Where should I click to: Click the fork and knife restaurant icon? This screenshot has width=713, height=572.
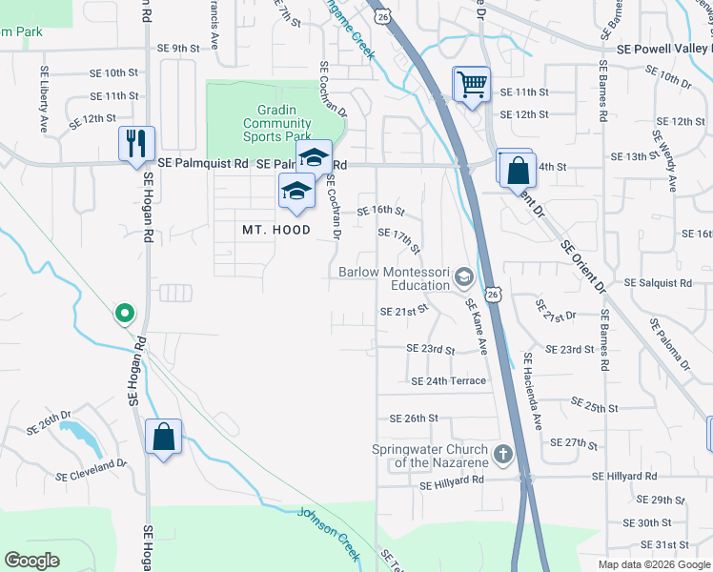pos(136,143)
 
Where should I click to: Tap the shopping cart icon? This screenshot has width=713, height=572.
pos(471,85)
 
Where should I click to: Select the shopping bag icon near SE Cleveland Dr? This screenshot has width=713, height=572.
pos(163,438)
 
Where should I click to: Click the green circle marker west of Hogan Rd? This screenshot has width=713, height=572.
pos(123,312)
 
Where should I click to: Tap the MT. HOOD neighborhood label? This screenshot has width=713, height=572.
pos(275,230)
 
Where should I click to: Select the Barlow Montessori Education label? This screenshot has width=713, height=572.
pos(395,278)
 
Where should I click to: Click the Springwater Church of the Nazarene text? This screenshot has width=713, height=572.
pos(430,456)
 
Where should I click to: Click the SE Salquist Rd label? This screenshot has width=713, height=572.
pos(658,283)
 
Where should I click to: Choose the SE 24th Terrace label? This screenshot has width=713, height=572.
pos(448,381)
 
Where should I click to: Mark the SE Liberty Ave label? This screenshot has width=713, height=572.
pos(44,98)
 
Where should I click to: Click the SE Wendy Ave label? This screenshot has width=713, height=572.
pos(663,158)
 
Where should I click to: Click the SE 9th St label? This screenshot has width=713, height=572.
pos(179,48)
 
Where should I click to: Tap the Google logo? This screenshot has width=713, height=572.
pos(32,561)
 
